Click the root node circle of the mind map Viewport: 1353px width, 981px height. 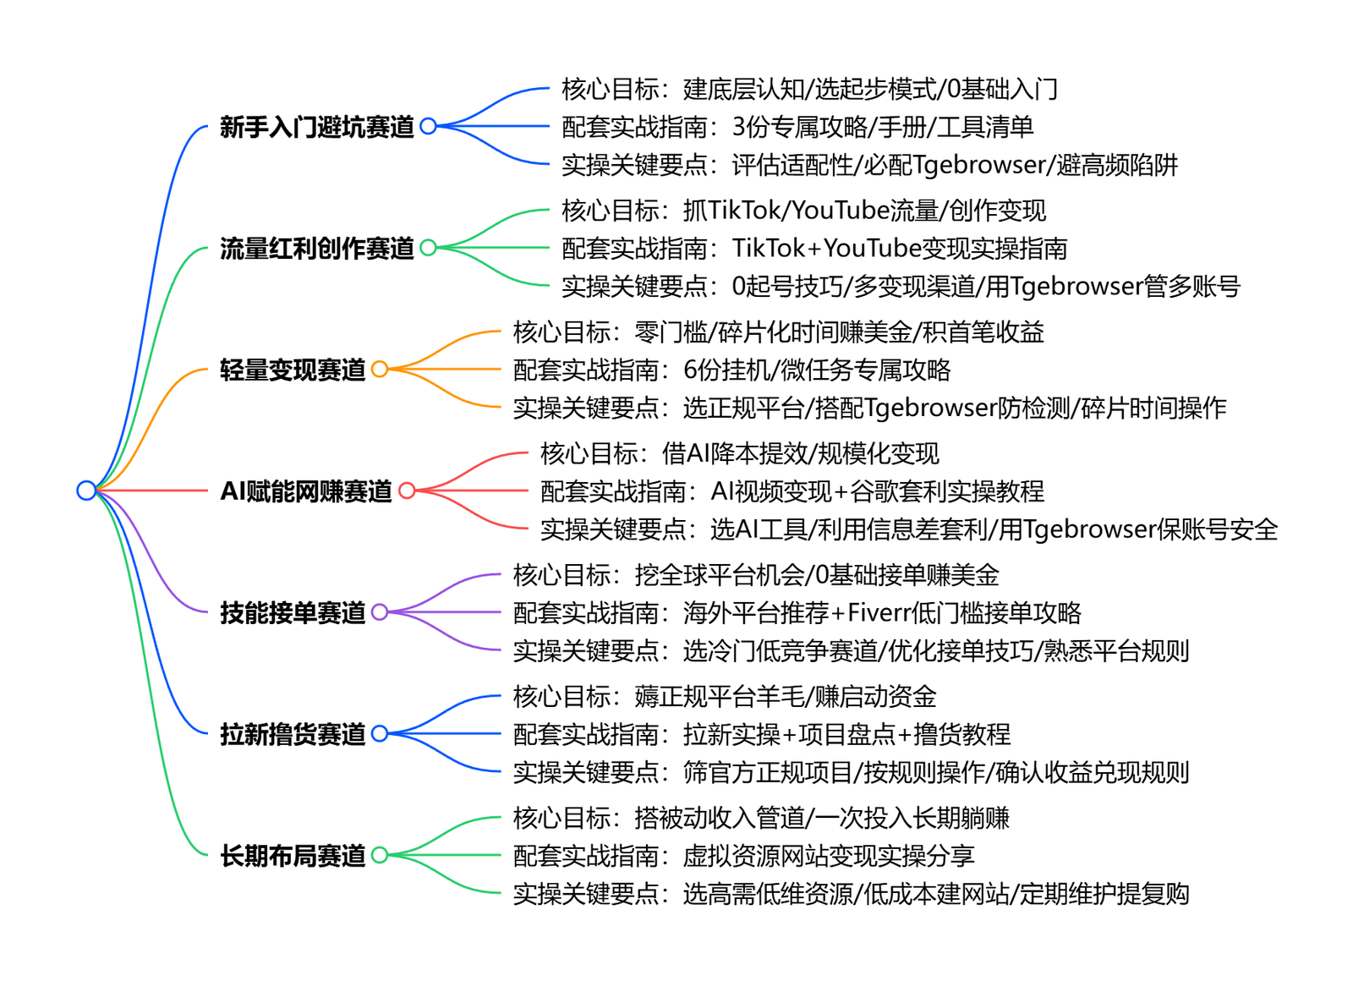click(86, 490)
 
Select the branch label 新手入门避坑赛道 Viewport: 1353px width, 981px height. click(317, 127)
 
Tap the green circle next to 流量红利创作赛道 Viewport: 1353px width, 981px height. click(428, 248)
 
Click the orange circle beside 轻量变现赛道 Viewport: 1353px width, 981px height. click(380, 370)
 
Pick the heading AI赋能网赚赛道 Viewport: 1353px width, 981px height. click(306, 491)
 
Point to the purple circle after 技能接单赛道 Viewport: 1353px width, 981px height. click(380, 612)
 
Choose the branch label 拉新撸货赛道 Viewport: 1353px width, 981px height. click(293, 734)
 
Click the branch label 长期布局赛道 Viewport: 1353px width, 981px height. click(293, 856)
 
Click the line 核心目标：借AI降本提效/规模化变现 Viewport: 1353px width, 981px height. click(740, 454)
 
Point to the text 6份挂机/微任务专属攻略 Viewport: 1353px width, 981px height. click(817, 370)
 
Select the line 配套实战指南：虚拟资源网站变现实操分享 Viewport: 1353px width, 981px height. click(744, 856)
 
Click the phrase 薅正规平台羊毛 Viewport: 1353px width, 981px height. click(720, 697)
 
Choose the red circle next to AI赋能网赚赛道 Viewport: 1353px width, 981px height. click(407, 490)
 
